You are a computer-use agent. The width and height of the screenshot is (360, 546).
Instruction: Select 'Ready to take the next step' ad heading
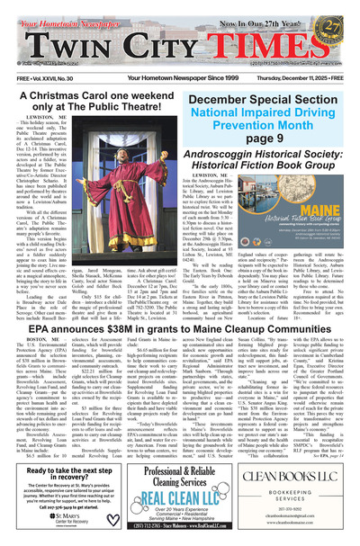[58, 476]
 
